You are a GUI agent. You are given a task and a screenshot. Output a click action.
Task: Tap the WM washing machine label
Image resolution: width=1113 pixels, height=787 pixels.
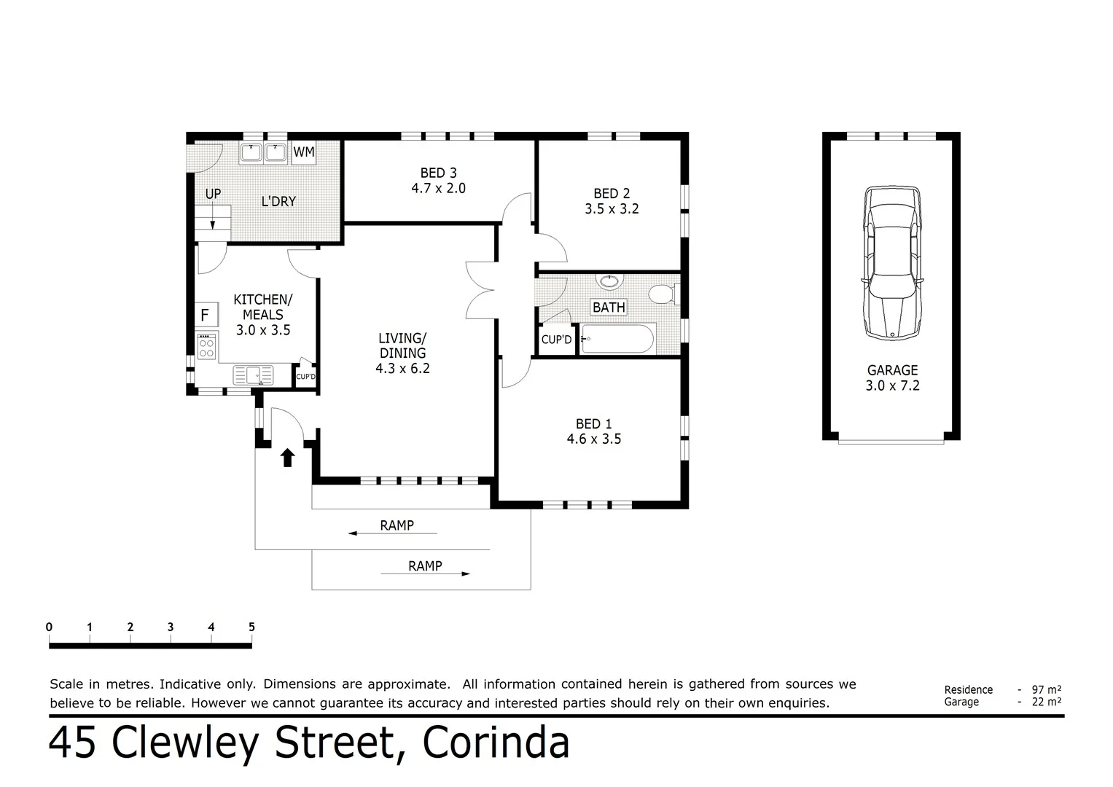tap(304, 152)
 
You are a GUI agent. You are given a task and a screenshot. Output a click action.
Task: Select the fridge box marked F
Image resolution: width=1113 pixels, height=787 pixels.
tap(206, 316)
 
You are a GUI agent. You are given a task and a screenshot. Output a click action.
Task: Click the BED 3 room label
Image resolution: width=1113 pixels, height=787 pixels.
tap(438, 173)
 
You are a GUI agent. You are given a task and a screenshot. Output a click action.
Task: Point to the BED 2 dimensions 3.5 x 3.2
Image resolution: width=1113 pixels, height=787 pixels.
tap(612, 208)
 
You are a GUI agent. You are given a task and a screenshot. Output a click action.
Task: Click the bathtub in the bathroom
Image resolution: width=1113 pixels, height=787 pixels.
tap(618, 339)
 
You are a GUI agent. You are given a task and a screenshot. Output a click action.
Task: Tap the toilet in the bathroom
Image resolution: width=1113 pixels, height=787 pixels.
tap(663, 294)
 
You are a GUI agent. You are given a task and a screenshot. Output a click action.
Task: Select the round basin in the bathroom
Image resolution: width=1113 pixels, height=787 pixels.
tap(609, 282)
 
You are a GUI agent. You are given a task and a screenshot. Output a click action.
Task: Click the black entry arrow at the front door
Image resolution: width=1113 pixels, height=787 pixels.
tap(287, 457)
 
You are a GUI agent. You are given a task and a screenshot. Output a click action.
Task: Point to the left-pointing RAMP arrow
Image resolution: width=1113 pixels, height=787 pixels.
tap(392, 534)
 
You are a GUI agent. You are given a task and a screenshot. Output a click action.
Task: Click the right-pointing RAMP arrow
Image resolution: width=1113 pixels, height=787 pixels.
tap(425, 574)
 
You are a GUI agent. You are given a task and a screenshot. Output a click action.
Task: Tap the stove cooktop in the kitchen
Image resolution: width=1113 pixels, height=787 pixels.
tap(207, 346)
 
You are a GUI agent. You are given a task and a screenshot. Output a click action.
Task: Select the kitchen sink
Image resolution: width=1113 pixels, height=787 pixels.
tap(253, 375)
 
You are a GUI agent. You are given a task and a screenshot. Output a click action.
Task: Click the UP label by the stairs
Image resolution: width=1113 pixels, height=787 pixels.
tap(213, 194)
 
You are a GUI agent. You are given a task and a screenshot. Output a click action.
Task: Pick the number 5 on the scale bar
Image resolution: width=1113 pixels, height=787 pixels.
tap(251, 627)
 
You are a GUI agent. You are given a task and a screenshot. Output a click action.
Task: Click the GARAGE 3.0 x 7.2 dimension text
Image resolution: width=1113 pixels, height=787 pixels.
tap(892, 386)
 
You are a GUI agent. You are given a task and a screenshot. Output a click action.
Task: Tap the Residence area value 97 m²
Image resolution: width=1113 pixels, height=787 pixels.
tap(1046, 689)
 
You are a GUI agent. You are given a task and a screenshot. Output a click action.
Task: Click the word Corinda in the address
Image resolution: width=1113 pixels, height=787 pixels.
tap(496, 743)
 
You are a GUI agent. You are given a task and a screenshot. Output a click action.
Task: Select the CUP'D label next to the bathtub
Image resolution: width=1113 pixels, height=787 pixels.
tap(556, 340)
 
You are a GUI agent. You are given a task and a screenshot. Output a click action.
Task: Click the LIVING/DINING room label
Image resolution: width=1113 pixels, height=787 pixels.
tap(402, 345)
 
